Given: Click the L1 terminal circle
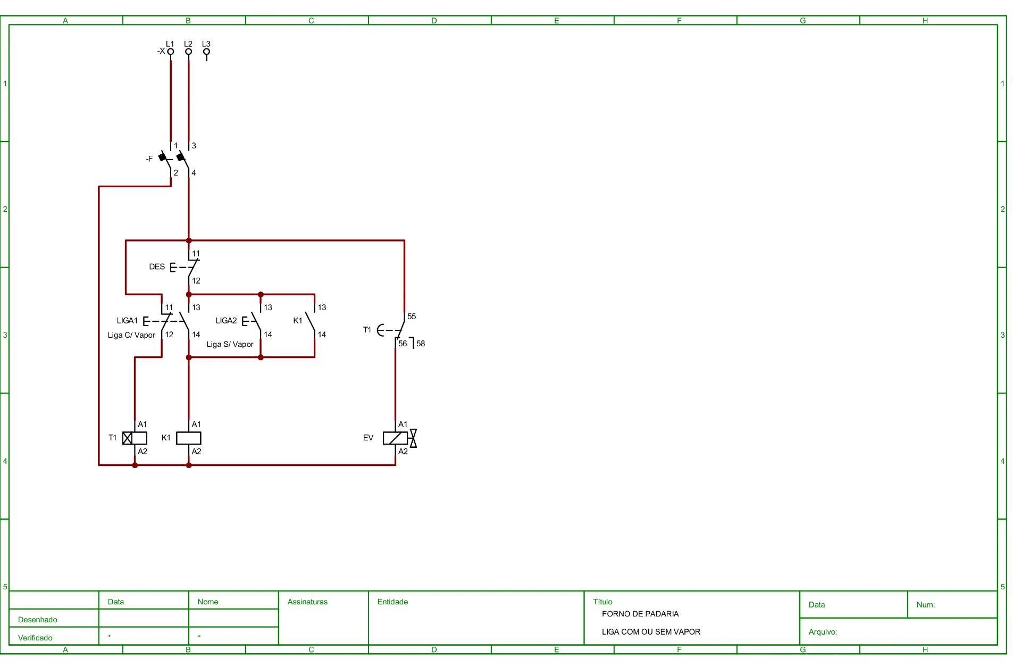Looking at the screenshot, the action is [x=171, y=52].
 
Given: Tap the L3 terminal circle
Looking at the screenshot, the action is [x=206, y=52].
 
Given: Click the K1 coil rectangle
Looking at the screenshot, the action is [x=189, y=438].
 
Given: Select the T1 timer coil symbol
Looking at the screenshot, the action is [x=135, y=438].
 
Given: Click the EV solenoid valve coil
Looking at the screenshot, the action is [x=395, y=438].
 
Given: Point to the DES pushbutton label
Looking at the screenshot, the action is [x=157, y=266].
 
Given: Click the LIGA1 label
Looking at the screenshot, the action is [x=127, y=320].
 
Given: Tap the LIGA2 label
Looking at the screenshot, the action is [x=226, y=320].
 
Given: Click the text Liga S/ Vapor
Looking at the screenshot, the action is [x=230, y=344].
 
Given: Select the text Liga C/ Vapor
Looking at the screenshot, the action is [x=131, y=335].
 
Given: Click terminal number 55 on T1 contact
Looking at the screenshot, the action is [x=412, y=316].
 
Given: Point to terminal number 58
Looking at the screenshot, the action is [x=421, y=344].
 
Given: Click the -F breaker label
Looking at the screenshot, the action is [x=149, y=159].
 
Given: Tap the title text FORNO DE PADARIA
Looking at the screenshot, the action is [x=640, y=614].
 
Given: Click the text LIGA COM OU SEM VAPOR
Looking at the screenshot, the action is [x=651, y=632].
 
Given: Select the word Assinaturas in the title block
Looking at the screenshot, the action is [x=307, y=602].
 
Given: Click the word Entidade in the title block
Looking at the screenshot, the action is [x=392, y=602].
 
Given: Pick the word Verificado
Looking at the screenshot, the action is [x=35, y=638].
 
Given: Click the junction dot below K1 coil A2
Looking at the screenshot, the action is [x=189, y=465].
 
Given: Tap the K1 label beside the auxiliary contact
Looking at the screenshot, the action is [x=298, y=321].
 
